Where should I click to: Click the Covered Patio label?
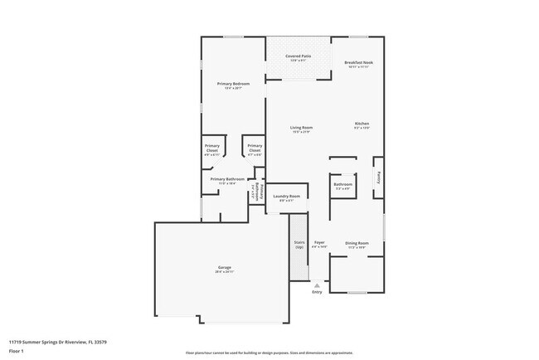point(298,56)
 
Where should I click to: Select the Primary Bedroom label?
point(233,84)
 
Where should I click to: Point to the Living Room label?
point(301,127)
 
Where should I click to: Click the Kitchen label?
point(362,124)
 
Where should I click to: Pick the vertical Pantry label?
point(379,177)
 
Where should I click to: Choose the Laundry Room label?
point(286,196)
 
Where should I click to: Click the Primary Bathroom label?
point(226,179)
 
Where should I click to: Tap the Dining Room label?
point(357,243)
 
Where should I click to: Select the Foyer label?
point(319,243)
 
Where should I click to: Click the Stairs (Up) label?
point(299,245)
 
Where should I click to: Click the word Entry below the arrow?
point(317,292)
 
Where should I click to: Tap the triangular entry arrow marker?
point(317,284)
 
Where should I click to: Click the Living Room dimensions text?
point(301,132)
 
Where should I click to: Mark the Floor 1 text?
point(17,348)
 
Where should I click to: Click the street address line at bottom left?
point(57,341)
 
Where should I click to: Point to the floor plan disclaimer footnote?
point(269,353)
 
